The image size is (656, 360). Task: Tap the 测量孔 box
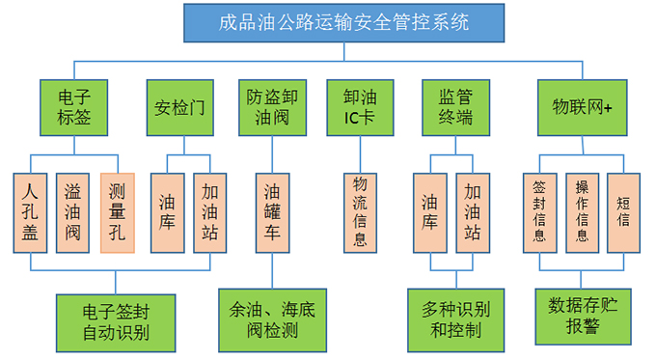pyautogui.click(x=118, y=212)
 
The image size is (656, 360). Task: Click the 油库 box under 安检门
pyautogui.click(x=168, y=212)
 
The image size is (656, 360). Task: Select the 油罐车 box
pyautogui.click(x=271, y=212)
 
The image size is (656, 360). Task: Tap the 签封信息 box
pyautogui.click(x=539, y=212)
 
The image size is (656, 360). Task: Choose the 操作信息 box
pyautogui.click(x=582, y=212)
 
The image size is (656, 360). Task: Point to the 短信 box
pyautogui.click(x=624, y=212)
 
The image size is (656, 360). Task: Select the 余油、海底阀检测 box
pyautogui.click(x=271, y=319)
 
